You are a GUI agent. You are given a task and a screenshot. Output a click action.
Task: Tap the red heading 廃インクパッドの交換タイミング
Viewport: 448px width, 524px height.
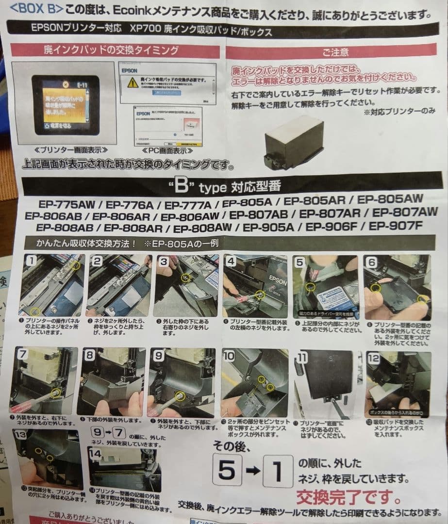click(115, 50)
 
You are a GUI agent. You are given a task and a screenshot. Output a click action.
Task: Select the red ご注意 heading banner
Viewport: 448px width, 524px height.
click(335, 51)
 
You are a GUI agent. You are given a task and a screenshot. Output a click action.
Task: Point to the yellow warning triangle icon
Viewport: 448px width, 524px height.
click(132, 82)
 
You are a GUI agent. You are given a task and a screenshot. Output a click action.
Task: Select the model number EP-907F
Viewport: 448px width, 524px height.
click(396, 226)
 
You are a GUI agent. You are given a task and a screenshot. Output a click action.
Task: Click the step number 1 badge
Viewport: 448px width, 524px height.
click(31, 261)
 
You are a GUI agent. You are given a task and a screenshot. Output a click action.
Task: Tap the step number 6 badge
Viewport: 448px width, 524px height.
click(372, 262)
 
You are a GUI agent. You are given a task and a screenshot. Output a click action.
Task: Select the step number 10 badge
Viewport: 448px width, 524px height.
click(230, 356)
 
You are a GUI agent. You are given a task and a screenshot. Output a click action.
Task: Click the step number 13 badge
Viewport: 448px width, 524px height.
click(21, 435)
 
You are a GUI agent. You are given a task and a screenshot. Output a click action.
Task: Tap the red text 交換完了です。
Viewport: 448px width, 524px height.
click(348, 497)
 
